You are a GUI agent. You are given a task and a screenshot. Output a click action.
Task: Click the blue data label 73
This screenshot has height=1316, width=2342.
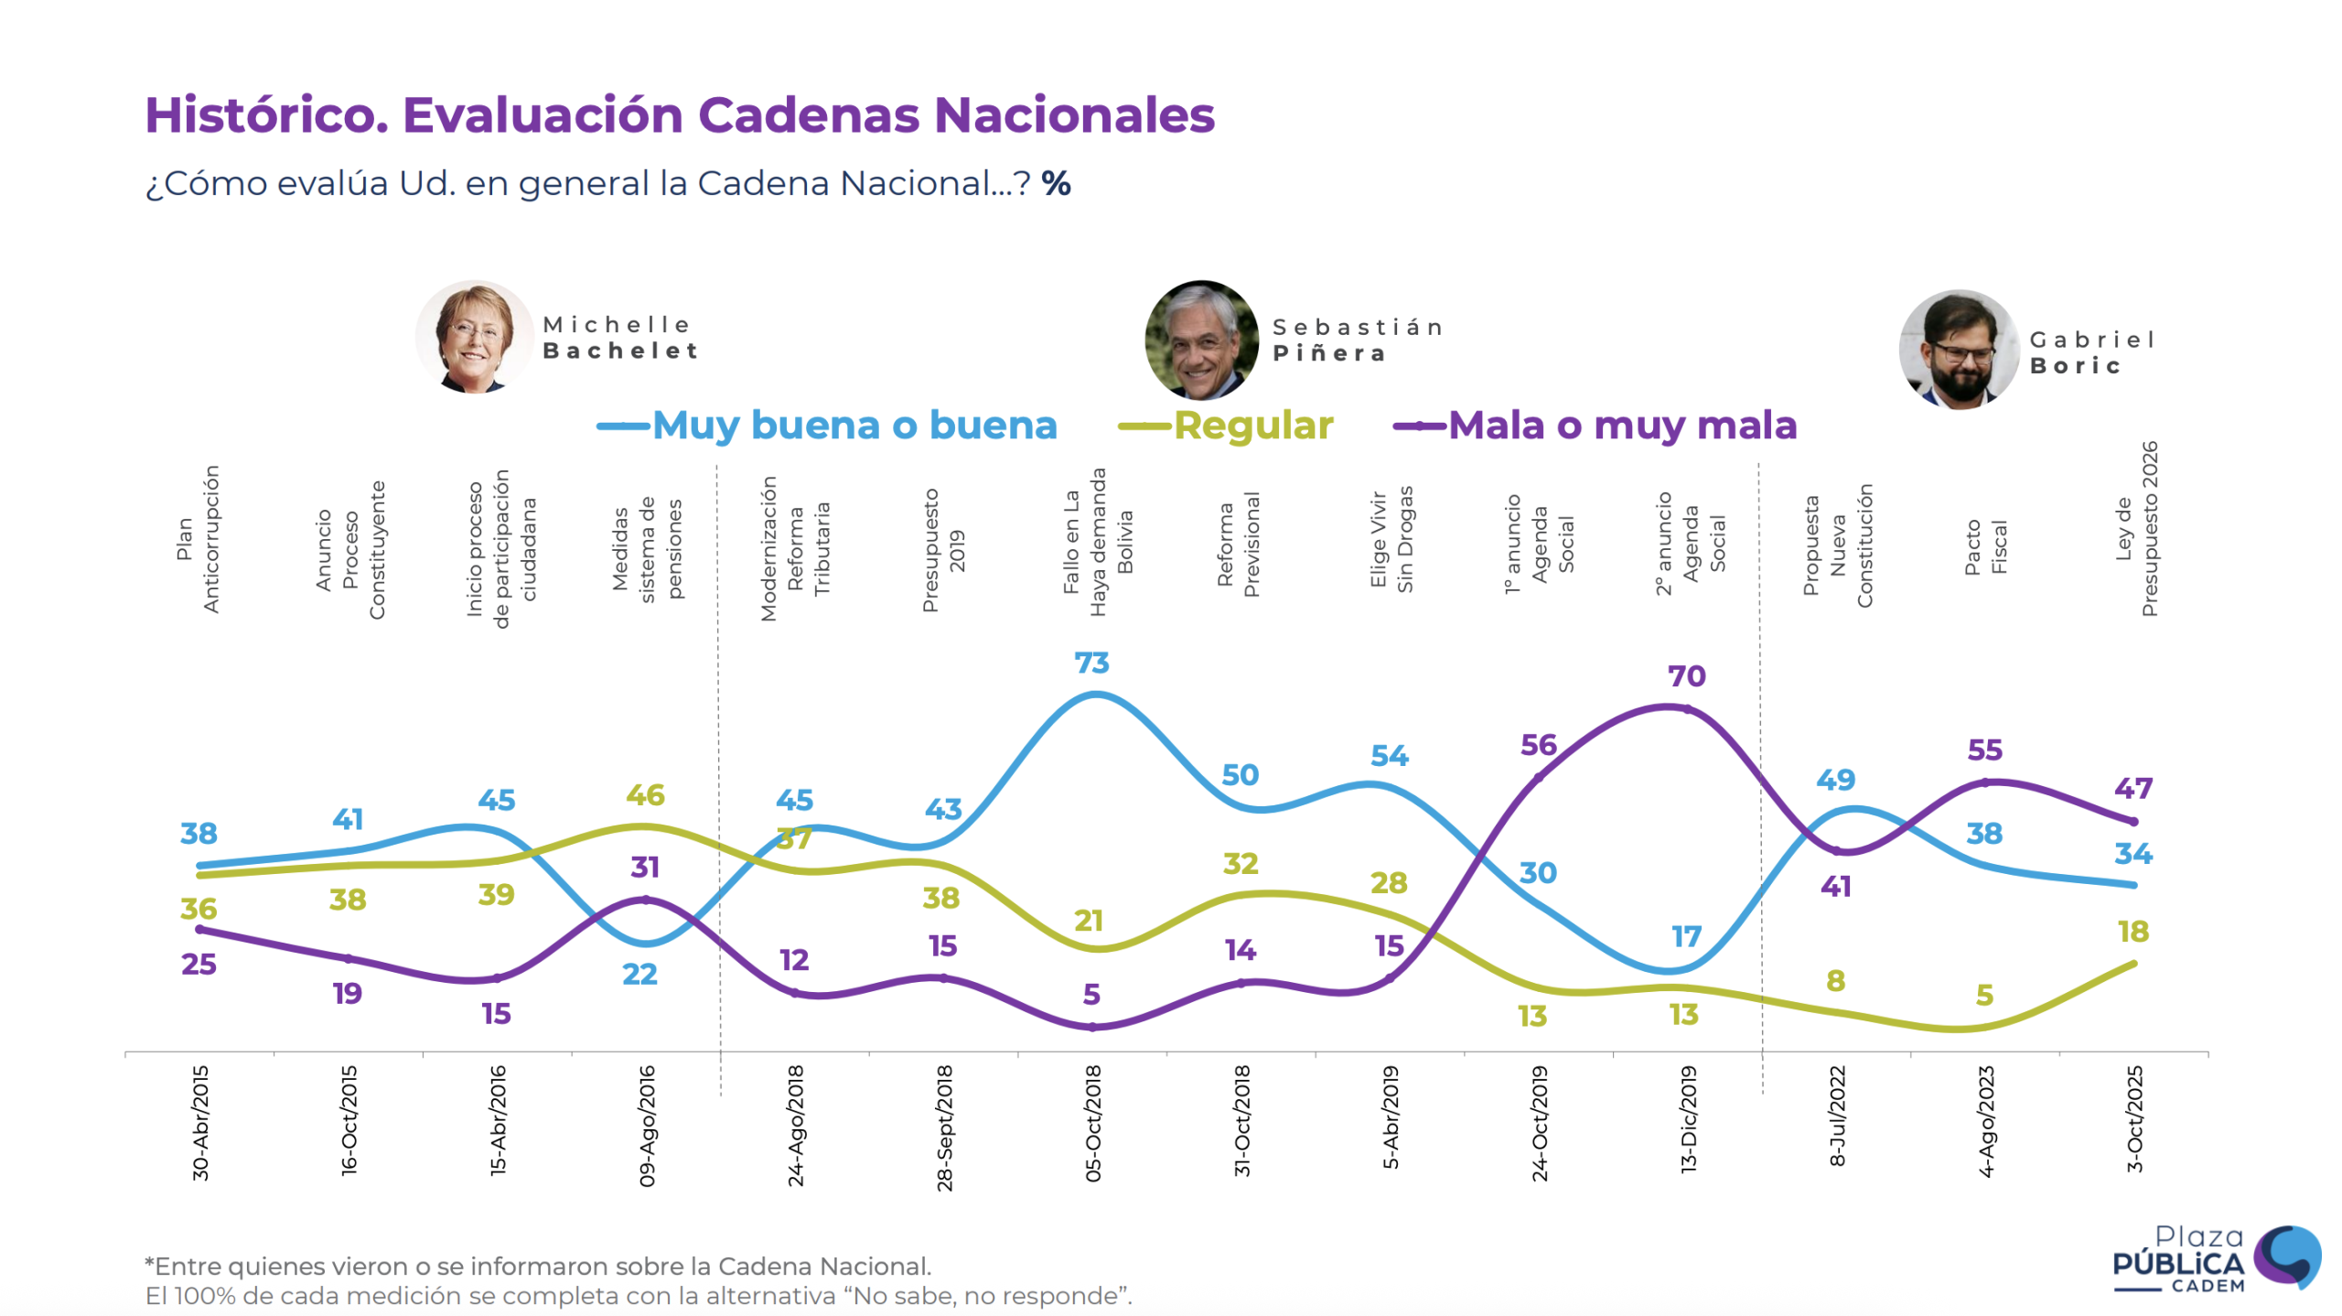coord(1091,663)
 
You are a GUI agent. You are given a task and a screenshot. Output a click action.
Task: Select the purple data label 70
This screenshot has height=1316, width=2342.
coord(1686,676)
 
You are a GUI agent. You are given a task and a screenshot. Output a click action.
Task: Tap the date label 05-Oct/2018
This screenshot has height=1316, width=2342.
coord(1093,1123)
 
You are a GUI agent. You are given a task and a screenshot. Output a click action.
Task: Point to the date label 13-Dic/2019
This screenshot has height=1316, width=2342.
coord(1689,1119)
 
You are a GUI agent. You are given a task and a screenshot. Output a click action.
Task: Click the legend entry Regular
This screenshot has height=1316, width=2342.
coord(1252,426)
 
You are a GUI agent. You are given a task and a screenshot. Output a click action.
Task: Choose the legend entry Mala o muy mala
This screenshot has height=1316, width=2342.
coord(1622,426)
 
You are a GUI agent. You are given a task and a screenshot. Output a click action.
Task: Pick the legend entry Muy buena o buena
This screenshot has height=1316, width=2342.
coord(854,426)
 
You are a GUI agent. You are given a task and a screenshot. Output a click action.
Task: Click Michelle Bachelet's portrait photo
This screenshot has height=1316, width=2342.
coord(474,338)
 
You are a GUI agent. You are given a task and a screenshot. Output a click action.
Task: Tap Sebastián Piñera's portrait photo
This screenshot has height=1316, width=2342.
coord(1201,340)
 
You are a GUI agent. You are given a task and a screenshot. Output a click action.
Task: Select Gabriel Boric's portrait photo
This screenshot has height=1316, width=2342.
coord(1958,350)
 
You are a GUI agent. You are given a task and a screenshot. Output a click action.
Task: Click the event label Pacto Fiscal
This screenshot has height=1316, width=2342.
coord(1985,547)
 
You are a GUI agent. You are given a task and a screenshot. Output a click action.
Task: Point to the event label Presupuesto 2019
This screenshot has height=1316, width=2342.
coord(943,549)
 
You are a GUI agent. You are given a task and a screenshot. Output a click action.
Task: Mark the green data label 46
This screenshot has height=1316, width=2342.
coord(645,795)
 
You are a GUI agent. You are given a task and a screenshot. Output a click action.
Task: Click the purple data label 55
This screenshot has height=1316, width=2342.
coord(1984,750)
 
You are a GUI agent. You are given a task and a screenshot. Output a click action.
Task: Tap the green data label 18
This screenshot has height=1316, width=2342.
coord(2133,932)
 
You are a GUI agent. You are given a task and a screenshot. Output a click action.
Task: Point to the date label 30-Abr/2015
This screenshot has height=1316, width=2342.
coord(200,1122)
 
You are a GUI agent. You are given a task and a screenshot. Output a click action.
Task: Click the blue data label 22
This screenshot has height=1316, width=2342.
coord(639,974)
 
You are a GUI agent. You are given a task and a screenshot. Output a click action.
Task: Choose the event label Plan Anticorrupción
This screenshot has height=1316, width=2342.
coord(198,540)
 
